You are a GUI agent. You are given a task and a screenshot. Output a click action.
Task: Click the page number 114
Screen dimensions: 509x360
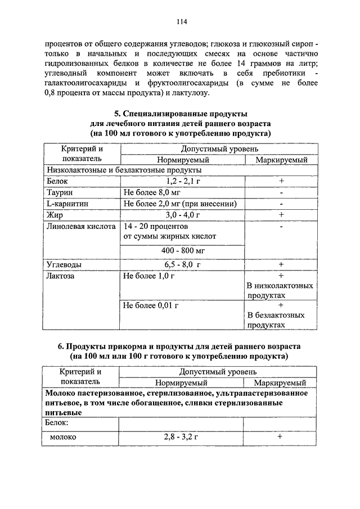click(181, 22)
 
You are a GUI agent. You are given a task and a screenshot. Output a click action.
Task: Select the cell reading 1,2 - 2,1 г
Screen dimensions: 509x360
click(183, 181)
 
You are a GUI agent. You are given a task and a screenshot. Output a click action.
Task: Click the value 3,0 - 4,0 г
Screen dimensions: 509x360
click(183, 215)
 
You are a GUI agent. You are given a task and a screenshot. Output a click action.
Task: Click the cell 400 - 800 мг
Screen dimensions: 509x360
click(183, 249)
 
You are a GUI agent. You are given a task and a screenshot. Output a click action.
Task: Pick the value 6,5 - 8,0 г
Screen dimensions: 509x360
click(183, 264)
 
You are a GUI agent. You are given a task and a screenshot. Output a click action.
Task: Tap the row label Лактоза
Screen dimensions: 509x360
click(61, 276)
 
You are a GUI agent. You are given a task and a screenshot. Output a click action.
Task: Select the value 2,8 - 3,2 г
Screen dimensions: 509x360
click(183, 436)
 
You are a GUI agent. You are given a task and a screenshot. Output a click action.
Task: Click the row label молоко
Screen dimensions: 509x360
click(63, 436)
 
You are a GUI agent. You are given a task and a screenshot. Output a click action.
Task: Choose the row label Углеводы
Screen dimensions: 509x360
click(64, 264)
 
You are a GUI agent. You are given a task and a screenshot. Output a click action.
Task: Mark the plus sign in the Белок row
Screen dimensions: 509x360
click(280, 181)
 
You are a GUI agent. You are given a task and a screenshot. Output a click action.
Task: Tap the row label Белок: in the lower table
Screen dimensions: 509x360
click(57, 421)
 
